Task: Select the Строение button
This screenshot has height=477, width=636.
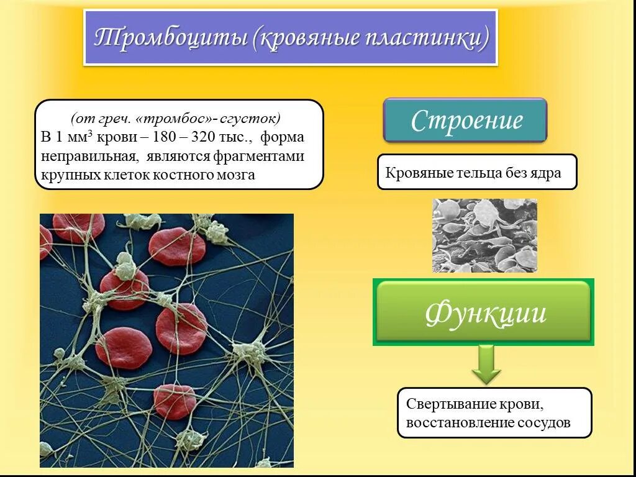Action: [465, 120]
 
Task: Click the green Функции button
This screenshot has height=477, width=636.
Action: [484, 312]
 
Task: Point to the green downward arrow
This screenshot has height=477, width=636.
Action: [486, 365]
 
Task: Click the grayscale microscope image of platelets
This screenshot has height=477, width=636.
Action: [484, 235]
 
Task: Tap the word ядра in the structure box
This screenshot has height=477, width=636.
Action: [546, 173]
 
